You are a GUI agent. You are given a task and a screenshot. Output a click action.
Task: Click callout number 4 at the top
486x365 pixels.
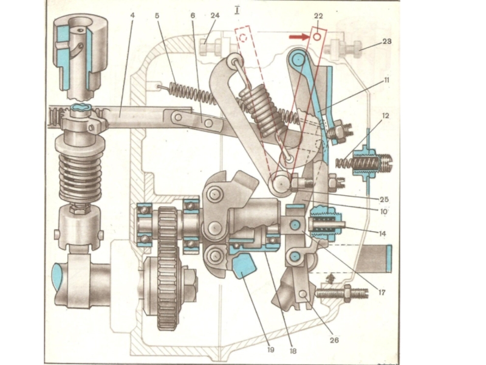point(132,15)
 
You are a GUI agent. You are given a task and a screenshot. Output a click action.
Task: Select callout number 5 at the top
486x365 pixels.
point(157,15)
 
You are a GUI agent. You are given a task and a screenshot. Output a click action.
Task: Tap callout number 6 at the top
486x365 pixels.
point(193,15)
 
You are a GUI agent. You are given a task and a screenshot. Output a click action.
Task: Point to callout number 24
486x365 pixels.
point(215,15)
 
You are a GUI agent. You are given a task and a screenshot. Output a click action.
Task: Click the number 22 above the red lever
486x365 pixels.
point(318,16)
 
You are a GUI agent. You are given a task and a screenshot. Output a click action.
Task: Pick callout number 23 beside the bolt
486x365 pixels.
point(387,41)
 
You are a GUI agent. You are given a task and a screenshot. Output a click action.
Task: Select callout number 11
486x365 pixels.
point(386,80)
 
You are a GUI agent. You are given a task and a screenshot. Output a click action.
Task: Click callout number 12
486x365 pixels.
point(385,116)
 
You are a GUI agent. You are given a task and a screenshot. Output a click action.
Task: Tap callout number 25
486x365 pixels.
point(385,200)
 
